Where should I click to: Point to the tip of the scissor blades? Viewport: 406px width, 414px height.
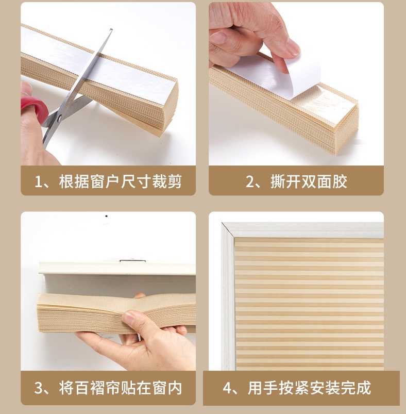[x=111, y=29]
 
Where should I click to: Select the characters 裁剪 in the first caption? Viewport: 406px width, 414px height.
[x=167, y=181]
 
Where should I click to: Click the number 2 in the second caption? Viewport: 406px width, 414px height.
[x=250, y=182]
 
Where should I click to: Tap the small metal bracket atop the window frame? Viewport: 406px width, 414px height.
[x=133, y=260]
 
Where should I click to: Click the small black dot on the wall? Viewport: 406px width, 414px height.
[x=106, y=216]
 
